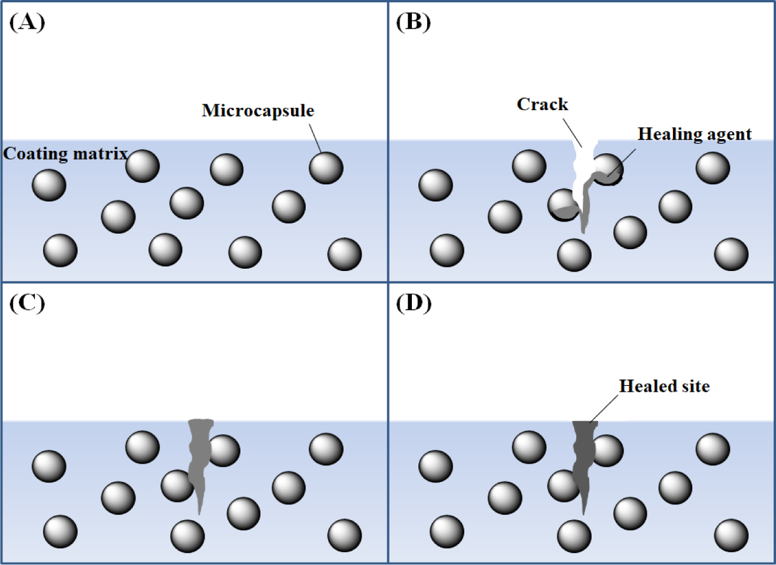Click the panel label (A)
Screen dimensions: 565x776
[27, 22]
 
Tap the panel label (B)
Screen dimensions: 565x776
[413, 22]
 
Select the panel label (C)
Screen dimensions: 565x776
[27, 303]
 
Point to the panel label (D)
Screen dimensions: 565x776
[414, 303]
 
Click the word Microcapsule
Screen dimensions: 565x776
[257, 111]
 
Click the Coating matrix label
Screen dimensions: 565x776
[65, 154]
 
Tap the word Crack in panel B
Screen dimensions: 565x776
[542, 104]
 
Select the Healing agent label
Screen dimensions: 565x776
[694, 134]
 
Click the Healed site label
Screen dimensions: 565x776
[664, 386]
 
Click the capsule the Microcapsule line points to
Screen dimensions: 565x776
[326, 168]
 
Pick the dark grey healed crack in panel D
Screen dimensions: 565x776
[583, 465]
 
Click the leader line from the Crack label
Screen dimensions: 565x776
[572, 133]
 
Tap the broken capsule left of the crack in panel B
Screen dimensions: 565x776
[563, 205]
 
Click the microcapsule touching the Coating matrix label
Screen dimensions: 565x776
[143, 166]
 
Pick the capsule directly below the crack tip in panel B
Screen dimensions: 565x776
[574, 255]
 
